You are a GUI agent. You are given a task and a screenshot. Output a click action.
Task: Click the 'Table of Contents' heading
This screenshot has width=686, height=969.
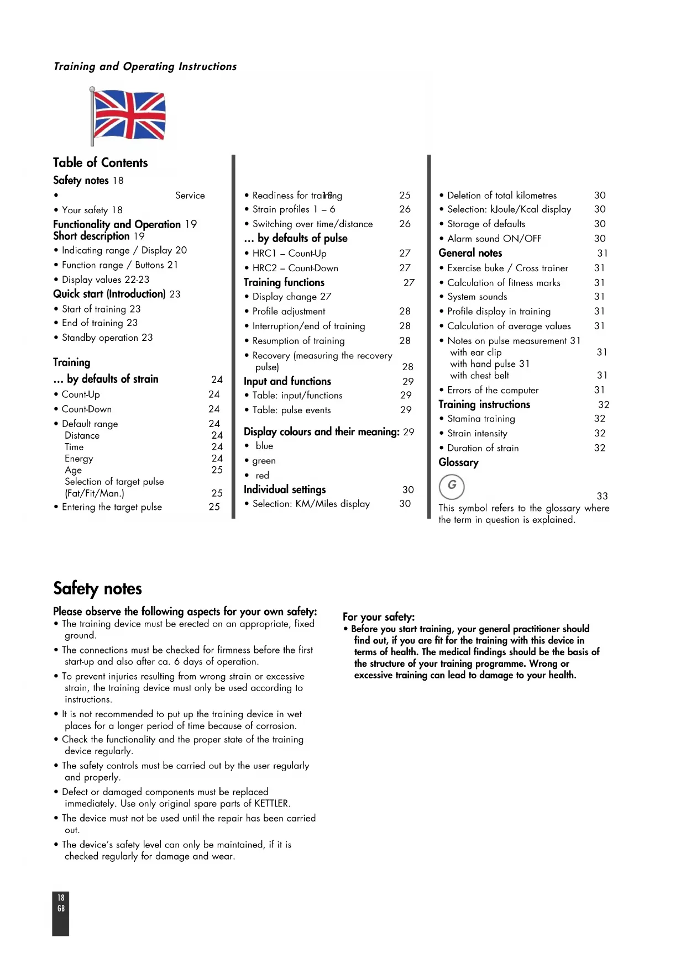tap(100, 162)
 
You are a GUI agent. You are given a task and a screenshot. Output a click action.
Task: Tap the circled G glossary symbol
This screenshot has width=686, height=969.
tap(452, 486)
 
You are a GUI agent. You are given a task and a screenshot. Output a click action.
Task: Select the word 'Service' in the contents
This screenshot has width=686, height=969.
tap(190, 196)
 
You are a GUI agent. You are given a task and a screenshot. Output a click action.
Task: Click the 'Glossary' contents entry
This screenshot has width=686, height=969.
tap(458, 462)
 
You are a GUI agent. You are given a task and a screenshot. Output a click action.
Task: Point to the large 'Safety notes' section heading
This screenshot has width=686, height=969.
tap(97, 588)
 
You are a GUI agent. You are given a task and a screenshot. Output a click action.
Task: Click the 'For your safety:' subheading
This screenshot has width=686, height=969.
tap(379, 617)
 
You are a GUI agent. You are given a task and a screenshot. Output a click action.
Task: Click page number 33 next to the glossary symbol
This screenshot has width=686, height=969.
tap(602, 496)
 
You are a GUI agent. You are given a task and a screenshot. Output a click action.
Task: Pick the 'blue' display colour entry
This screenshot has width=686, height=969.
tap(264, 446)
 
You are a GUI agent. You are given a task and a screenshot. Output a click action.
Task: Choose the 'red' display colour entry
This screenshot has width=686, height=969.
tap(262, 476)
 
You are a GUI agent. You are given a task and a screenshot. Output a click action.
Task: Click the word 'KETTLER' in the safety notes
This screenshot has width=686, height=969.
tap(271, 803)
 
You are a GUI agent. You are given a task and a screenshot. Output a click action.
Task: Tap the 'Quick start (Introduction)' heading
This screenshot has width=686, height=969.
tap(109, 294)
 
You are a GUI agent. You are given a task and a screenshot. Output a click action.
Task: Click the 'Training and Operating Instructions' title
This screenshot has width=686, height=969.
tap(145, 67)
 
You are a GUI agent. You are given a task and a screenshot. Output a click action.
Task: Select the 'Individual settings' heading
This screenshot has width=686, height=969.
tap(285, 489)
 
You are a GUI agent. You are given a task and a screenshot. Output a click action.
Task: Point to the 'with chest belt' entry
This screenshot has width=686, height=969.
tap(479, 376)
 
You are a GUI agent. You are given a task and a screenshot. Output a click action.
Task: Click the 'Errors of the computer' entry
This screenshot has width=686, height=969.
tap(493, 390)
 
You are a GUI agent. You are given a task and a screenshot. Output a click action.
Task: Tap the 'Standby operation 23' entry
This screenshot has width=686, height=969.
tap(107, 338)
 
